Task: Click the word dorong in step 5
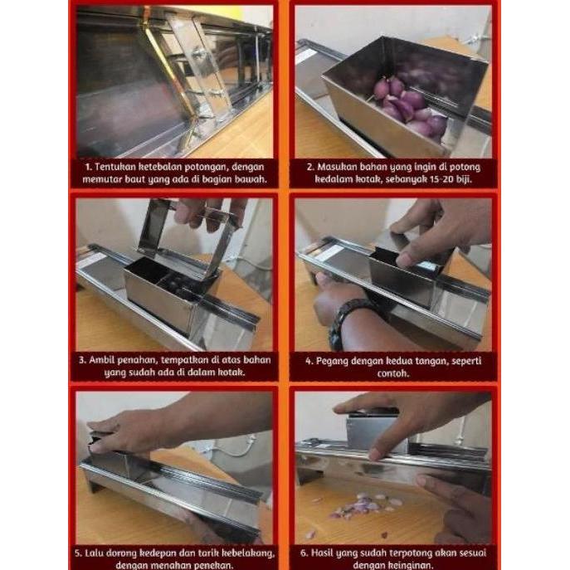click(x=127, y=551)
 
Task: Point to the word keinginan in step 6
click(x=412, y=564)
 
